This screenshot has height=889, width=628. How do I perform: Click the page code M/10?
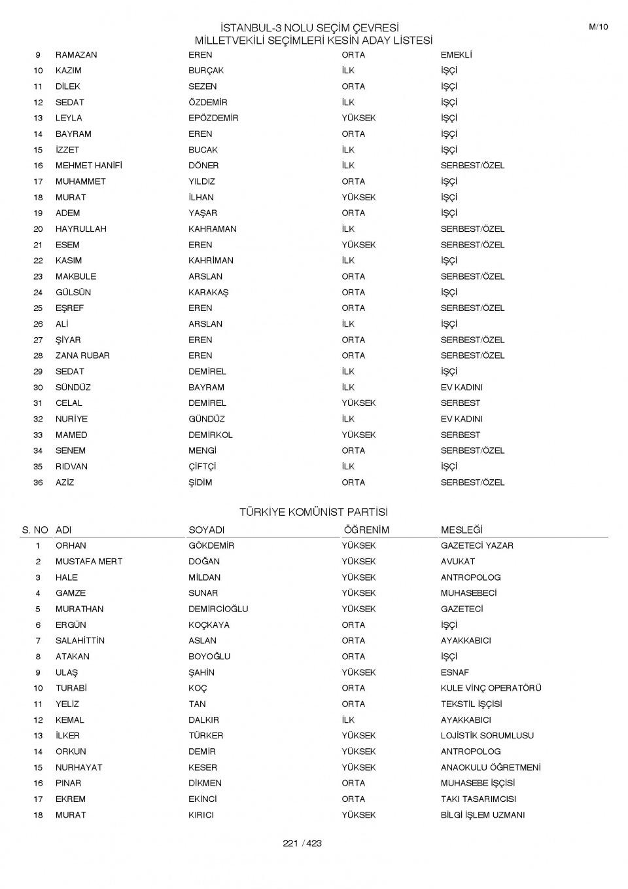598,27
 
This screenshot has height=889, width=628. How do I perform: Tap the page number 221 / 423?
302,843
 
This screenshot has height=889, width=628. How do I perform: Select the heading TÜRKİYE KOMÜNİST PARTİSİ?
313,512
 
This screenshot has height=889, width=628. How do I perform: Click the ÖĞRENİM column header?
366,530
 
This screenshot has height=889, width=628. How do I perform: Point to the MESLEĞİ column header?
461,530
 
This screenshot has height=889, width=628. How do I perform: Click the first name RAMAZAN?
76,55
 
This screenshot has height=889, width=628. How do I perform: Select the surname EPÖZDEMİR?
213,118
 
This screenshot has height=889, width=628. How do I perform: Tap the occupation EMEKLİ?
456,55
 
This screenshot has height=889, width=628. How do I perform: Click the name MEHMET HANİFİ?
88,166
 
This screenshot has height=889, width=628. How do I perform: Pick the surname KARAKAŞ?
209,293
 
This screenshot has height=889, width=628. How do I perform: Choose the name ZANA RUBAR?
82,355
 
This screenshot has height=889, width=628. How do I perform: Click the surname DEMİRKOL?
211,435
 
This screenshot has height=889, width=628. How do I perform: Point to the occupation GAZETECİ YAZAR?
477,545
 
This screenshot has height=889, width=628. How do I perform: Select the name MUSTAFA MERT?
89,562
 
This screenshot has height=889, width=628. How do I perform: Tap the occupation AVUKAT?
458,562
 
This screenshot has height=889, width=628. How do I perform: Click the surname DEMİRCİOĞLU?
218,609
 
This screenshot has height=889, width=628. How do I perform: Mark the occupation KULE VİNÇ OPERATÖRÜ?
491,688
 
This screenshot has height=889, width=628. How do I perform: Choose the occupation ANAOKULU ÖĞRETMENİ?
491,767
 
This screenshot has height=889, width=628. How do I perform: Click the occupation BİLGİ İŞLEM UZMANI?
483,815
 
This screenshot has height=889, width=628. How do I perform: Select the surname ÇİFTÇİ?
202,467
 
